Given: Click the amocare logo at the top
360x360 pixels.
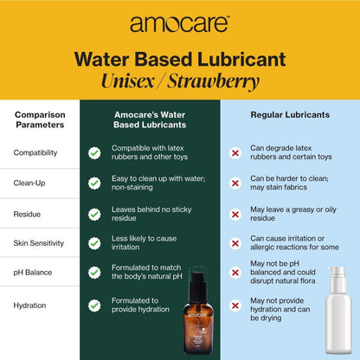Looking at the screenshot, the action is [179, 24].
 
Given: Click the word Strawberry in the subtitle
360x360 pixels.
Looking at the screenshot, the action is [214, 81].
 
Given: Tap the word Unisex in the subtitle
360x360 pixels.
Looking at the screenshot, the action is [128, 80].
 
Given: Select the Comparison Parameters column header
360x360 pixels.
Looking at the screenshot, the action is [40, 119].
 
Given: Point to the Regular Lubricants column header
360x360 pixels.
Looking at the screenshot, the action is [290, 115].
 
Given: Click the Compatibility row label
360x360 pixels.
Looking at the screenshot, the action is [35, 152].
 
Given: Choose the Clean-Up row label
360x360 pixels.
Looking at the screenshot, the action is [29, 183].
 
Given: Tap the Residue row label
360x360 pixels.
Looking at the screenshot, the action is [27, 215].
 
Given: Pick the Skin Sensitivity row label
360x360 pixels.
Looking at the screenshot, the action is [39, 243].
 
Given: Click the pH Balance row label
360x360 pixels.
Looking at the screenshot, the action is [33, 273].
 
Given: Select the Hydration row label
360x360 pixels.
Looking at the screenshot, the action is [29, 305].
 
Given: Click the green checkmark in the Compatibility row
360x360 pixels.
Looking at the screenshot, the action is [94, 153].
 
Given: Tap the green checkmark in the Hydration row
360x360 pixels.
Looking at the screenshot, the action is [94, 305].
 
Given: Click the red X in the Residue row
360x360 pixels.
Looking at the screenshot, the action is [235, 215].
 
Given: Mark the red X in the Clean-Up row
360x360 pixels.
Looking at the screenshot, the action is [235, 183].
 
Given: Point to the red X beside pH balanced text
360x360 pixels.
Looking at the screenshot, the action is [235, 273].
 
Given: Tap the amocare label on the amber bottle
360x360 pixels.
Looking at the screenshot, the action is [197, 314].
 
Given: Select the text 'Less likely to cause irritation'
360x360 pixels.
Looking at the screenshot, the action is [144, 243].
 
